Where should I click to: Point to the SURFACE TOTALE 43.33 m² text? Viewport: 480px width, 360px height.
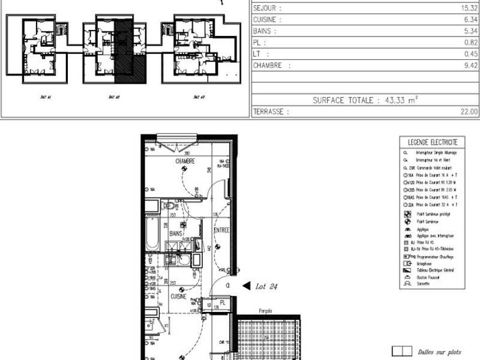[x=364, y=100]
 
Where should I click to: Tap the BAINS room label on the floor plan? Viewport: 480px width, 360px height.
[x=175, y=233]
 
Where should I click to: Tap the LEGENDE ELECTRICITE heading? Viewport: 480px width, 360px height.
[x=432, y=142]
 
